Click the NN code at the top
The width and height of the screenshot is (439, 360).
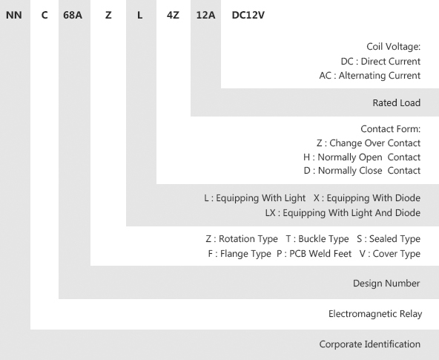(x=13, y=15)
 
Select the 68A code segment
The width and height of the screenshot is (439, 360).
(x=73, y=15)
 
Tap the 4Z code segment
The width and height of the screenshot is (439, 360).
(x=173, y=15)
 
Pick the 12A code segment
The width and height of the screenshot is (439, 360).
(x=206, y=15)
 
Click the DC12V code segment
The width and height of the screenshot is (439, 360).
(x=248, y=15)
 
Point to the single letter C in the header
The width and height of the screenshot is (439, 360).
(x=44, y=15)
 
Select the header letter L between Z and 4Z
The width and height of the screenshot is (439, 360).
(x=139, y=15)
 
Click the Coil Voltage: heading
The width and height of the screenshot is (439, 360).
(x=393, y=47)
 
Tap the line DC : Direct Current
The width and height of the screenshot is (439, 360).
(x=380, y=62)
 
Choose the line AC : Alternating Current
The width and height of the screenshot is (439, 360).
(x=370, y=76)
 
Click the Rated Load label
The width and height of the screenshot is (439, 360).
(x=397, y=103)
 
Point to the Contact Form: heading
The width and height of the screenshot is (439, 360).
(x=391, y=129)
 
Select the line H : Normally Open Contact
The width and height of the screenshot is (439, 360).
(x=362, y=157)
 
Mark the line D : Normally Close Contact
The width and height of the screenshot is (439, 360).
(x=362, y=170)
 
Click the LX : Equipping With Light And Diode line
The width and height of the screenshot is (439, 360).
(x=343, y=213)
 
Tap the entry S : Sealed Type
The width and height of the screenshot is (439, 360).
(x=389, y=239)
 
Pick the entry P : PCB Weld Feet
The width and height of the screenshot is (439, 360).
(x=314, y=254)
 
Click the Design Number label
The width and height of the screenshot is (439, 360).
(x=386, y=284)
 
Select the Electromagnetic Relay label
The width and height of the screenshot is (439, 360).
(x=375, y=314)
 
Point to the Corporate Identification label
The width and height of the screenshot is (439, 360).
(x=370, y=344)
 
